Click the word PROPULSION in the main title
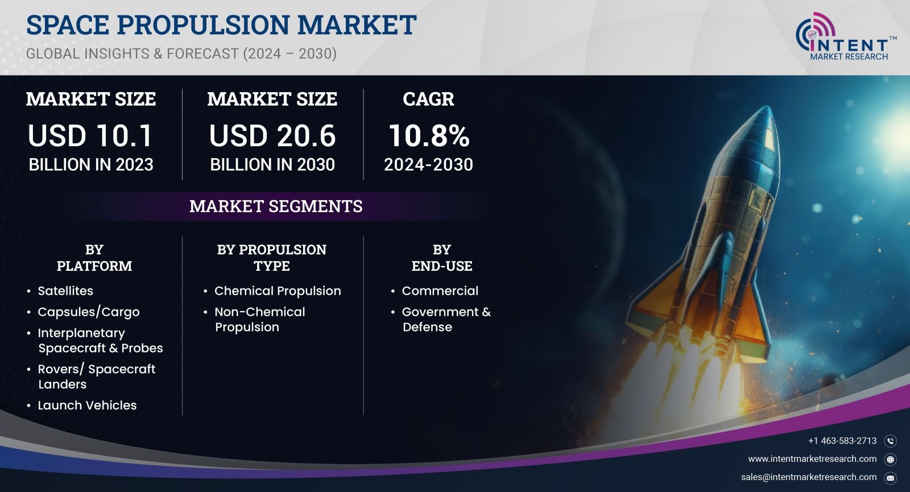(x=203, y=24)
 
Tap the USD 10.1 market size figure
(x=90, y=135)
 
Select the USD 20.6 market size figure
(x=272, y=135)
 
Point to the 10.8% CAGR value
(x=429, y=135)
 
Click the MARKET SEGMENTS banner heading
(x=276, y=206)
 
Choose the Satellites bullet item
(x=65, y=291)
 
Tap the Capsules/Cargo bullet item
(x=89, y=312)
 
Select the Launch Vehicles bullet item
(x=87, y=405)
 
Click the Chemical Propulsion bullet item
(x=278, y=291)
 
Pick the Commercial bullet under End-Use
(x=440, y=291)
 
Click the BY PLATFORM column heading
(x=94, y=258)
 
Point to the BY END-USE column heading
(x=441, y=258)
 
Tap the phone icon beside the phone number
(x=890, y=441)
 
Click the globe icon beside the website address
(x=890, y=459)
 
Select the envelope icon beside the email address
(x=890, y=478)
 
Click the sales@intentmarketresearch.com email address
(x=808, y=477)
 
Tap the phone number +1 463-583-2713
(x=842, y=441)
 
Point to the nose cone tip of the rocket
(x=768, y=107)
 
